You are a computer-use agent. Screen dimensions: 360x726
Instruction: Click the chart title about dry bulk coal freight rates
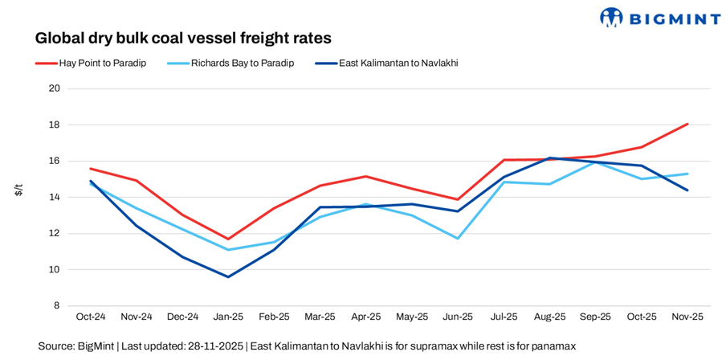coord(183,38)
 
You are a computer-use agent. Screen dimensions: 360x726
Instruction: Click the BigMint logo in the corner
coord(659,17)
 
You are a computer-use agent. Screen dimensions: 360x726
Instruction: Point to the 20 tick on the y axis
coord(55,88)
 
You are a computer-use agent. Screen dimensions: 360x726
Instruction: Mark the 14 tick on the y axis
coord(55,197)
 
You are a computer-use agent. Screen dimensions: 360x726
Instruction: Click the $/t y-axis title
coord(18,190)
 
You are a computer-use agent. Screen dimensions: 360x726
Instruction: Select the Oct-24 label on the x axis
coord(91,317)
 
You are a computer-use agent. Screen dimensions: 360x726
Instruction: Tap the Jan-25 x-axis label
coord(228,317)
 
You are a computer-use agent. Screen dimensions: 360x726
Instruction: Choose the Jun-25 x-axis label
coord(458,317)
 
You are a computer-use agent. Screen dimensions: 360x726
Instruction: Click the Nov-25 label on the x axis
coord(687,317)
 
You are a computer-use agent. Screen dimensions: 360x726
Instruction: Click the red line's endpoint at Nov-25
coord(687,124)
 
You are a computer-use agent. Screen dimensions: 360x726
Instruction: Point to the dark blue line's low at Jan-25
coord(228,276)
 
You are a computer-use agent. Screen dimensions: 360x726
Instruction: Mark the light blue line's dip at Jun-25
coord(458,238)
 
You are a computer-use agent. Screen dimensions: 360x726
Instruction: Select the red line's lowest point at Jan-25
coord(228,239)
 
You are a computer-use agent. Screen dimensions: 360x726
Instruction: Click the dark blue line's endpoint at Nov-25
coord(687,190)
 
